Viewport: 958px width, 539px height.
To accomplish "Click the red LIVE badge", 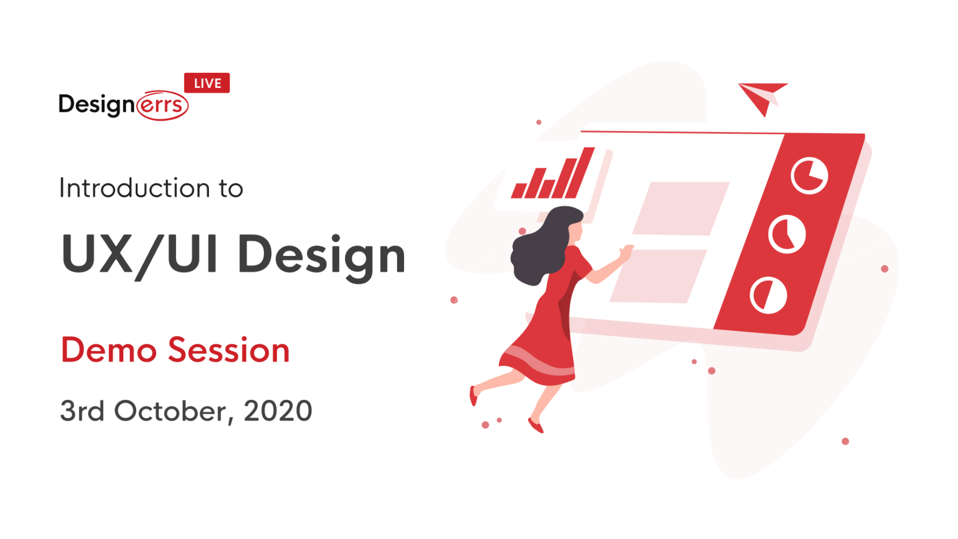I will [x=207, y=83].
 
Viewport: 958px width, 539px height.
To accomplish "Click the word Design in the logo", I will [x=96, y=105].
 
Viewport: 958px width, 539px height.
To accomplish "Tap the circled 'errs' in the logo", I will [x=162, y=105].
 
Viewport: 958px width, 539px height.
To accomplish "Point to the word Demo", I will [x=109, y=350].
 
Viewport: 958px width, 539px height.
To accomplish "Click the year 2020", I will [x=277, y=411].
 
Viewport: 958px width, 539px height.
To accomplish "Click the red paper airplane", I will [x=761, y=96].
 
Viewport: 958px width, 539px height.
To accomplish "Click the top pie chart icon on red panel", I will [x=809, y=176].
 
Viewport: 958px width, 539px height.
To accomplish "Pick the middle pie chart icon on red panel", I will [x=786, y=234].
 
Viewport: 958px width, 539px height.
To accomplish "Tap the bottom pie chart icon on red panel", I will [x=768, y=295].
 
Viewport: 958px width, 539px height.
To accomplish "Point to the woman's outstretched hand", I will [x=626, y=252].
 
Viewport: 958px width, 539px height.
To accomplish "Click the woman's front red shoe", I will [x=536, y=426].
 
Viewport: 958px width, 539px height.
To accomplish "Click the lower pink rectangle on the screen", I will [x=659, y=276].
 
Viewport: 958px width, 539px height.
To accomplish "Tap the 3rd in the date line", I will [x=82, y=411].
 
